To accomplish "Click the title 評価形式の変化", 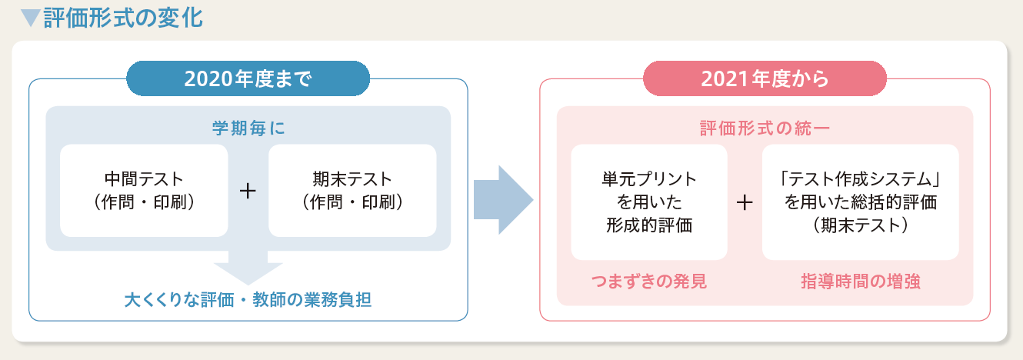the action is tap(123, 18).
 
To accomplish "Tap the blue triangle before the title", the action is tap(31, 18).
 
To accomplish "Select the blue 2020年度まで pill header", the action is tap(248, 78).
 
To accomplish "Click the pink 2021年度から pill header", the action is tap(765, 78).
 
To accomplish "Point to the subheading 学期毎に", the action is tap(248, 128).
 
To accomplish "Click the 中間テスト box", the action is tap(144, 191).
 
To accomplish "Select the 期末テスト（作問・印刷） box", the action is tap(352, 191).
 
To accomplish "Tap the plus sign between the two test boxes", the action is tap(248, 191).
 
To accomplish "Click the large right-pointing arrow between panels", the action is tap(503, 200).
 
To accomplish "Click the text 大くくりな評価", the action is tap(179, 300).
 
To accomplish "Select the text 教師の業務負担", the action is tap(312, 300).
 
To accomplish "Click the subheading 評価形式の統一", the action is tap(765, 128).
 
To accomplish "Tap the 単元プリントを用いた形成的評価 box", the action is tap(649, 202).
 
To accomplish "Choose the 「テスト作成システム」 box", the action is tap(861, 202).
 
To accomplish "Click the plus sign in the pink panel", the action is tap(745, 202).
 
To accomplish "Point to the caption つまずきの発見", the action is tap(649, 282).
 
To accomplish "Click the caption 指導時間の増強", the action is tap(861, 282).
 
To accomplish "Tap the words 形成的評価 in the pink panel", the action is tap(649, 225).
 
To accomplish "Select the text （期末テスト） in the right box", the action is tap(861, 225).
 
